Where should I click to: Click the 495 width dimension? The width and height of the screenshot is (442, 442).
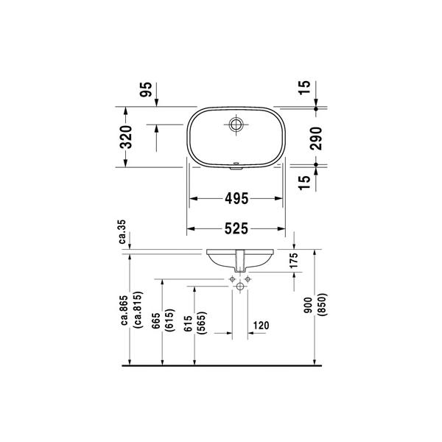[x=236, y=199]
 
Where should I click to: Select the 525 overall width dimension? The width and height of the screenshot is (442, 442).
[x=236, y=228]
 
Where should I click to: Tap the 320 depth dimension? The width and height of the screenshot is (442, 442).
[x=126, y=137]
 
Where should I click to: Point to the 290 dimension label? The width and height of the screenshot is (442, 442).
[x=316, y=138]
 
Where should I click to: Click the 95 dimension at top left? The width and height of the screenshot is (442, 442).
[x=146, y=89]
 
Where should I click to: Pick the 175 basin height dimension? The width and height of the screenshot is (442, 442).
[x=293, y=261]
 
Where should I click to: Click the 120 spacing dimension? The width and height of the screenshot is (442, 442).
[x=261, y=326]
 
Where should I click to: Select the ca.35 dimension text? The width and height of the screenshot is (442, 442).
[x=122, y=232]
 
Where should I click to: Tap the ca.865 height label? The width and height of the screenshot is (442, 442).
[x=124, y=310]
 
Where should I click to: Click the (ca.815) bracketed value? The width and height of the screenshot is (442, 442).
[x=139, y=310]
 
